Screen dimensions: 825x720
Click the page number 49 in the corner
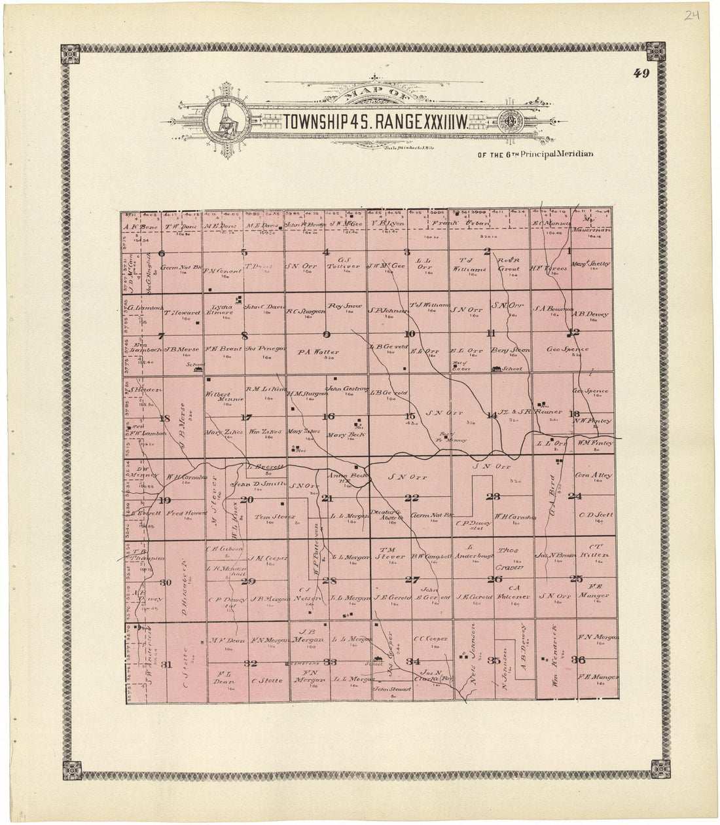pyautogui.click(x=641, y=73)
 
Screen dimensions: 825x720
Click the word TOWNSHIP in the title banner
pyautogui.click(x=312, y=121)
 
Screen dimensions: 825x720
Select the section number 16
pyautogui.click(x=329, y=416)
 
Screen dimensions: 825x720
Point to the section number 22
pyautogui.click(x=411, y=498)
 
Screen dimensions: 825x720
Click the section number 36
pyautogui.click(x=578, y=659)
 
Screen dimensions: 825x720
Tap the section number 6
pyautogui.click(x=161, y=252)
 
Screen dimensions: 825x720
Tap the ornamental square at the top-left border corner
pyautogui.click(x=69, y=54)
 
